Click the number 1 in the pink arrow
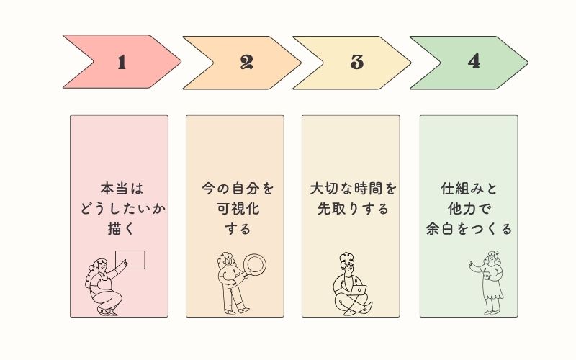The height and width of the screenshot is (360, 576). (122, 62)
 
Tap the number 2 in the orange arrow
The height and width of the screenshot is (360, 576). (246, 62)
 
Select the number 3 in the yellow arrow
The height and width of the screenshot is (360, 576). (356, 62)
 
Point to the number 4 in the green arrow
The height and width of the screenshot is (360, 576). (474, 61)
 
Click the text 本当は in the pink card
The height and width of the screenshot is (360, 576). (122, 189)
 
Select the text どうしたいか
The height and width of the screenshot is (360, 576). (122, 209)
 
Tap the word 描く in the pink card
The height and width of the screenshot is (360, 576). (122, 228)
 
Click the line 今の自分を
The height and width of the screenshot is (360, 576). (238, 189)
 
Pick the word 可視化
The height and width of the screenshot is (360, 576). (238, 209)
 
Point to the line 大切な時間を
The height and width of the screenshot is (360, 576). (353, 189)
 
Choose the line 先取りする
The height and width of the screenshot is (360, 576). (353, 209)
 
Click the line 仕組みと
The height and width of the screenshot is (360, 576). (469, 189)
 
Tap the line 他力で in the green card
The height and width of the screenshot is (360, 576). (469, 209)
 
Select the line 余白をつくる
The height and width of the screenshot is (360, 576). (469, 228)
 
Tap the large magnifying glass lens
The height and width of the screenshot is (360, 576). (255, 264)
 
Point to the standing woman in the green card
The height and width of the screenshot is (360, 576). (488, 283)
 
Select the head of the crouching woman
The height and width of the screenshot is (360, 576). (100, 264)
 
